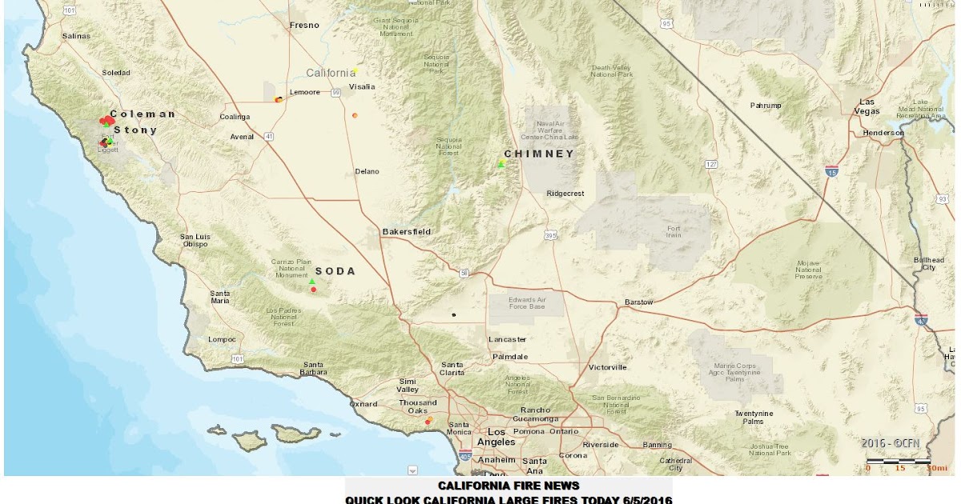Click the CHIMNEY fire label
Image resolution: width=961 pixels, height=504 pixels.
point(538,154)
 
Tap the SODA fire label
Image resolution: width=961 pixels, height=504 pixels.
point(336,271)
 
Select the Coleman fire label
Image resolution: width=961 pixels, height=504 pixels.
point(143,114)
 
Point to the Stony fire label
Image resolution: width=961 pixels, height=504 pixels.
point(135,130)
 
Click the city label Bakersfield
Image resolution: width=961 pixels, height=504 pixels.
point(406,232)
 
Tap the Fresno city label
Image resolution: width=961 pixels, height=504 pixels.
point(304,26)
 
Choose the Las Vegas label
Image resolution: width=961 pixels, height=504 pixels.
point(867,106)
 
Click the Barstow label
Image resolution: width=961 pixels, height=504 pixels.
point(638,302)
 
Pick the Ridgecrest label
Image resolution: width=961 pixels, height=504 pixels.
point(565,194)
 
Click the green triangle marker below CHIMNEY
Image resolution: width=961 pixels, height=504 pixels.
point(501,164)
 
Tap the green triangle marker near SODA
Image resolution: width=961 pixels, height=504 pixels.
point(312,281)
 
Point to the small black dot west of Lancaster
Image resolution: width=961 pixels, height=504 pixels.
point(453,314)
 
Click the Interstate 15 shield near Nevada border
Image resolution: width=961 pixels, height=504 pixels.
point(831,170)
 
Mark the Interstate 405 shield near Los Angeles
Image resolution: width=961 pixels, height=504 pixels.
point(465,457)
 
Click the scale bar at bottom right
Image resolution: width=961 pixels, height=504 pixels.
point(898,462)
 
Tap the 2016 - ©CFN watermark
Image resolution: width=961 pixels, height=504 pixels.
point(895,442)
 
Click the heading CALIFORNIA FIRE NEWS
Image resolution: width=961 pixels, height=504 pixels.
point(508,486)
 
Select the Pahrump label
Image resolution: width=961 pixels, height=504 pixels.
point(765,106)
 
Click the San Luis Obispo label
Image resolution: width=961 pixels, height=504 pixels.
point(195,240)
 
